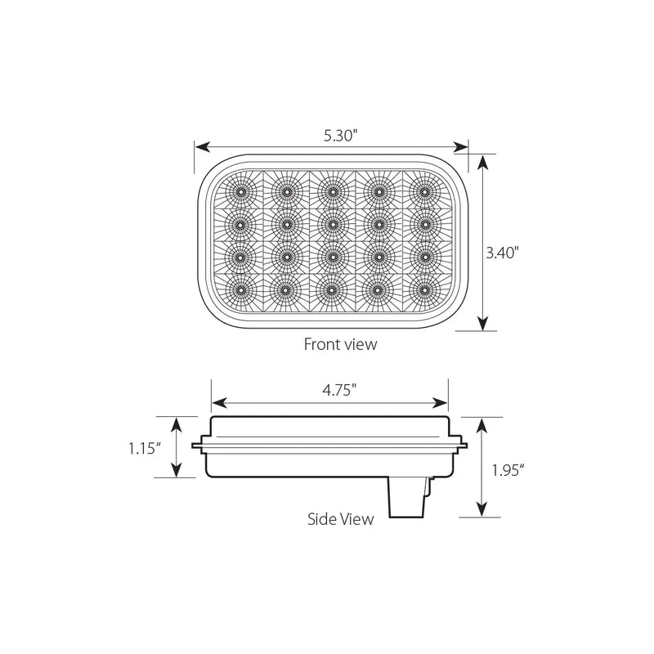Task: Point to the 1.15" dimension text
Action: point(145,446)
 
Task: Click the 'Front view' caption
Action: point(340,344)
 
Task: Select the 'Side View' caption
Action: point(341,517)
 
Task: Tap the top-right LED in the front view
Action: point(424,191)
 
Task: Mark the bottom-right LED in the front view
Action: point(424,288)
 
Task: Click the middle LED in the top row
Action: point(332,191)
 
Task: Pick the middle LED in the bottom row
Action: point(332,288)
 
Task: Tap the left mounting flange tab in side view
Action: point(198,446)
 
